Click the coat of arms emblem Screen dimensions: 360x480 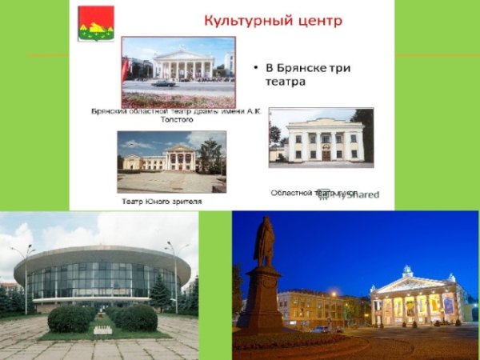point(96,23)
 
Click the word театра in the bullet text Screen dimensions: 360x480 point(286,82)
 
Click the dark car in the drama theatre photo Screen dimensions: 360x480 point(164,83)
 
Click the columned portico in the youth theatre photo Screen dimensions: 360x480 point(180,160)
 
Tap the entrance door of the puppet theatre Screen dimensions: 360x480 point(326,153)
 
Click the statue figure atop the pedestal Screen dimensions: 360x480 point(263,240)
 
